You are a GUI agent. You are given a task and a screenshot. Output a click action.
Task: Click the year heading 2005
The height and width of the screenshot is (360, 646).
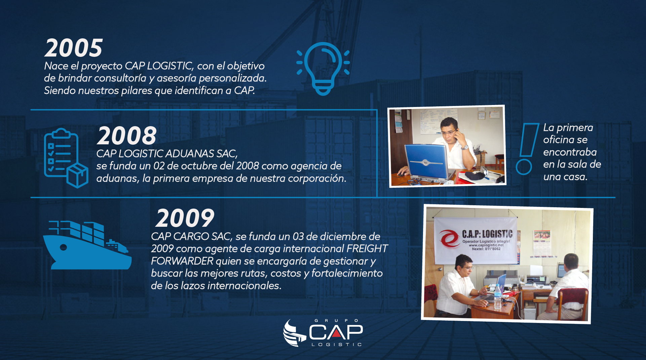74,48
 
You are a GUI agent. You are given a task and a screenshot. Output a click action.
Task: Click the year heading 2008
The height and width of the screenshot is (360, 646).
127,135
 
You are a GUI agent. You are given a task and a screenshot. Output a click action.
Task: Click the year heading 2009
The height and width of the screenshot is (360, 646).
185,218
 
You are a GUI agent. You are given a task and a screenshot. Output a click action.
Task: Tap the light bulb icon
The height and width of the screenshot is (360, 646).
323,69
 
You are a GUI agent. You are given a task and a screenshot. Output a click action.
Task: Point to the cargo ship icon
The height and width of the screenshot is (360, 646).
87,245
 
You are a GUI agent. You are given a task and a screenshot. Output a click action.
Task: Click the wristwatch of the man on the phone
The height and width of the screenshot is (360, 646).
464,147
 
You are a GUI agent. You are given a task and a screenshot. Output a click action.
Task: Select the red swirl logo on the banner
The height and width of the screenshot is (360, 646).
449,238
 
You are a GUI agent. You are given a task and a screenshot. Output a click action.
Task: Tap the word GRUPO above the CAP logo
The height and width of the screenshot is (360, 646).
336,321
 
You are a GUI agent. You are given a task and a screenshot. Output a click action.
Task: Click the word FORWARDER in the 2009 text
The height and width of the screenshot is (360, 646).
182,261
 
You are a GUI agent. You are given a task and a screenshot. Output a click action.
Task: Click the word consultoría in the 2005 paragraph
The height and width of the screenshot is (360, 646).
119,78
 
